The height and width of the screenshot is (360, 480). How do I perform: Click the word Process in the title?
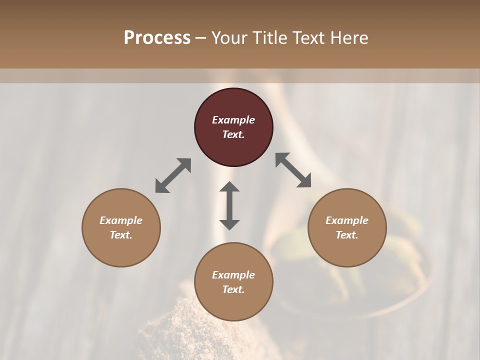pos(157,38)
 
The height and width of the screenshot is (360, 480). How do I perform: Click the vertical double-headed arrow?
pos(229,205)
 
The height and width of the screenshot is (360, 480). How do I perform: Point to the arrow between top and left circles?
pos(173,175)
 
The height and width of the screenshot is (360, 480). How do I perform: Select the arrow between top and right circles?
pos(293,170)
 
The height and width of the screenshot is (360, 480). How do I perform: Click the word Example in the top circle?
pos(233,120)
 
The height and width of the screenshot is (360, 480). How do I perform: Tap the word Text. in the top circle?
pos(233,134)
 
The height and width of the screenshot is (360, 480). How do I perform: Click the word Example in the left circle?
pos(121,220)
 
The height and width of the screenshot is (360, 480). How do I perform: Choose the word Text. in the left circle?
pos(121,235)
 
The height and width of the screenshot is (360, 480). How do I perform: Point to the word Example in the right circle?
pos(347,220)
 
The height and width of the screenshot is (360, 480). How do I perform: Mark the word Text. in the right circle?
pos(347,235)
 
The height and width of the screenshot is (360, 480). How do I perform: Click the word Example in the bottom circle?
pos(233,275)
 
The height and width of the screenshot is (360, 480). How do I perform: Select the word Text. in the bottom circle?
pos(233,289)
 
